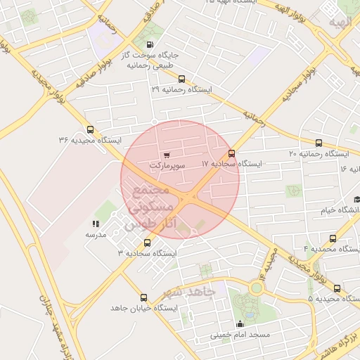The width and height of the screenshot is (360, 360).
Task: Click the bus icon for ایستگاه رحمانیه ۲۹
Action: pos(182,79)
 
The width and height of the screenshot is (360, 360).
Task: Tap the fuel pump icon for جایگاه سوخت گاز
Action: pos(150,46)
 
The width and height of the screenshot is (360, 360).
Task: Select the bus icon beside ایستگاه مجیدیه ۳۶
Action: pos(90,129)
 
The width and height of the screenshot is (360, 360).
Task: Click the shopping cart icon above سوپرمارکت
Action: pos(166,155)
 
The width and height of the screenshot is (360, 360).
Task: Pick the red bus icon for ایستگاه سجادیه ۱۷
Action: pos(231,153)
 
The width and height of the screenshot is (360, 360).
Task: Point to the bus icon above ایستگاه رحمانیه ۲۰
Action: pos(319,143)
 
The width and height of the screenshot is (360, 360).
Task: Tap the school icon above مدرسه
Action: pos(96,224)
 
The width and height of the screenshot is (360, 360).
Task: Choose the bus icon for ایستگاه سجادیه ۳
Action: pos(147,242)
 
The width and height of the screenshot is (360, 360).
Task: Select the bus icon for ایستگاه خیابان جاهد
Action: pos(144,298)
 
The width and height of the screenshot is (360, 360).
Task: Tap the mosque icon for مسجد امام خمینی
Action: pos(240,324)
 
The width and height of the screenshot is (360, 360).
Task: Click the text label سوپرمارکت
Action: pos(167,165)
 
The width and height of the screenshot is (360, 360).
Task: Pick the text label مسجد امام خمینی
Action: pos(240,335)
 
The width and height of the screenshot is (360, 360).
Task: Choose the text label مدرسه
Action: pos(96,235)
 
